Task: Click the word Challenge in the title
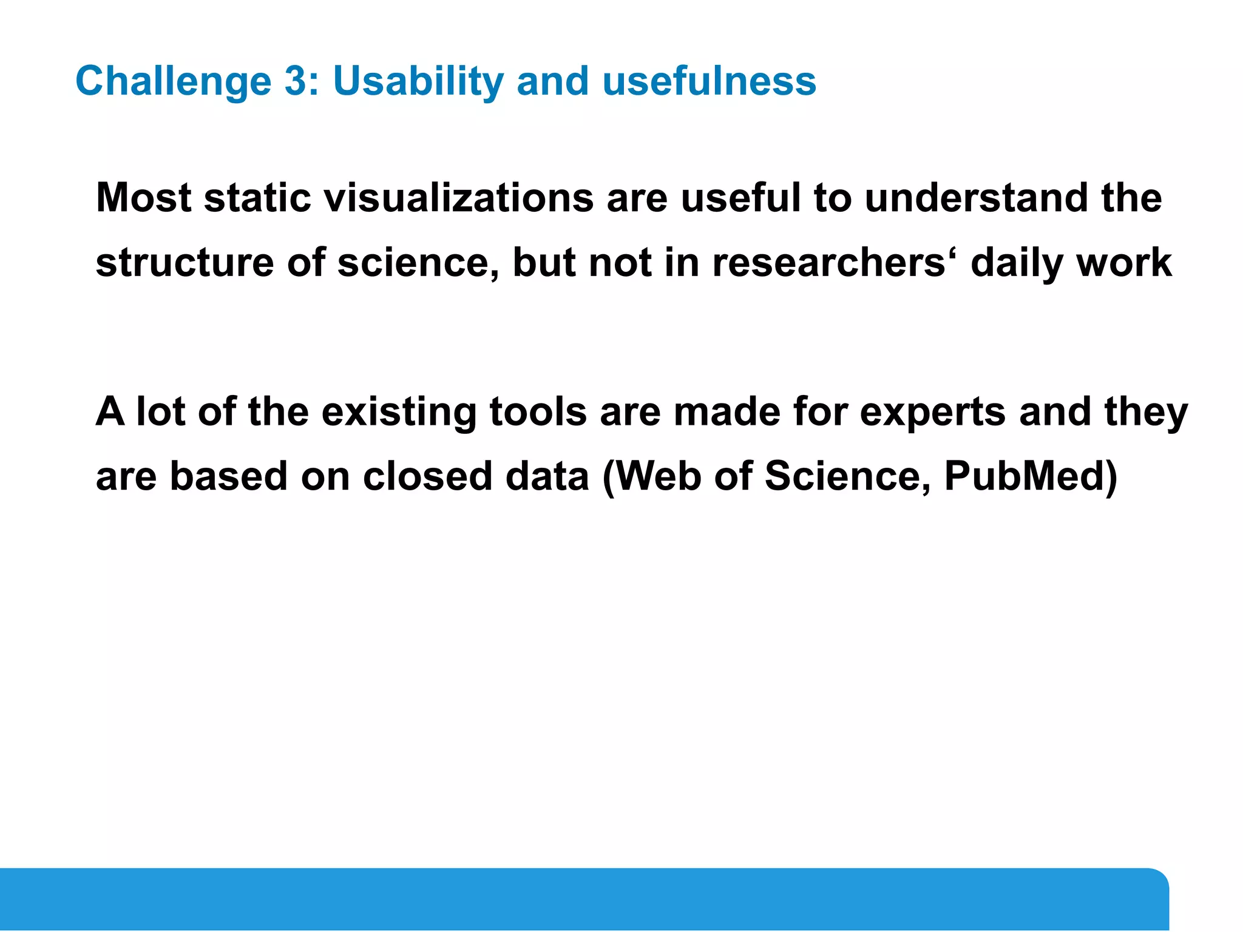[x=174, y=82]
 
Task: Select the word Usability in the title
[x=418, y=82]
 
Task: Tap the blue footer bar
[x=583, y=899]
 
